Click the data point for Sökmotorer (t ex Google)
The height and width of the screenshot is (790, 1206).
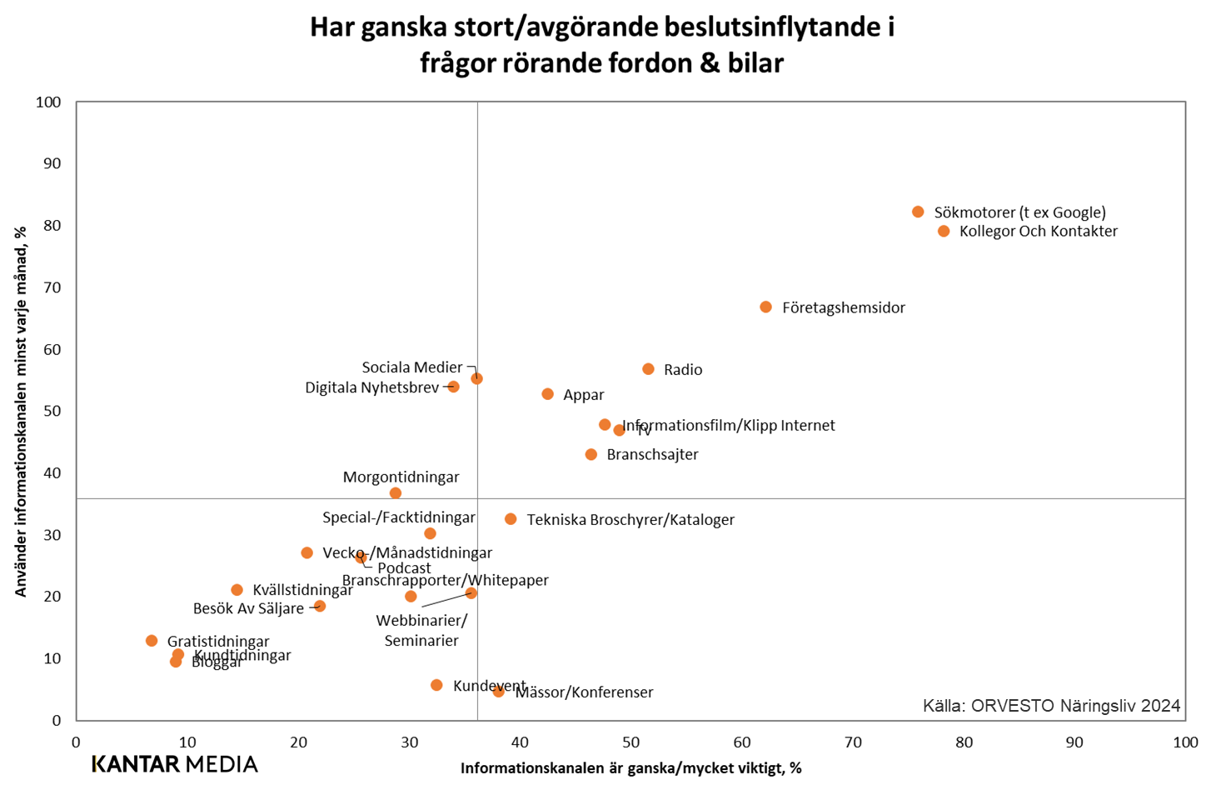pyautogui.click(x=918, y=212)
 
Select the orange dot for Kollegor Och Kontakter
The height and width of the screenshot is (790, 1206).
pyautogui.click(x=944, y=231)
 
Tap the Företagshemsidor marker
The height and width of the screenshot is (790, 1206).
pyautogui.click(x=765, y=307)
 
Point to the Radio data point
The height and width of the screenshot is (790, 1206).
pyautogui.click(x=648, y=368)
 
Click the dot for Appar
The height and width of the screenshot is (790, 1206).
pyautogui.click(x=547, y=393)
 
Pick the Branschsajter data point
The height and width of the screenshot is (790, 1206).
pyautogui.click(x=591, y=454)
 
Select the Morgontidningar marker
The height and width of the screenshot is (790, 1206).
pyautogui.click(x=396, y=492)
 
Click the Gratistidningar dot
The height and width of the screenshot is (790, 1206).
pyautogui.click(x=152, y=640)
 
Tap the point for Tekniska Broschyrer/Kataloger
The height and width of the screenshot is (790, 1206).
pyautogui.click(x=511, y=518)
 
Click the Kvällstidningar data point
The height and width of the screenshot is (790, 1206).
pyautogui.click(x=237, y=589)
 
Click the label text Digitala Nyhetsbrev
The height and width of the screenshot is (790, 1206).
pyautogui.click(x=371, y=387)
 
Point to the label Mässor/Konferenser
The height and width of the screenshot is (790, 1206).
pyautogui.click(x=585, y=692)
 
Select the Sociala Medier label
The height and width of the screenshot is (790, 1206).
pyautogui.click(x=411, y=367)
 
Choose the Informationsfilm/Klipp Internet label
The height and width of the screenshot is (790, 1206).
pyautogui.click(x=730, y=425)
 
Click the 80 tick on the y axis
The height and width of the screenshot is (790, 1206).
pyautogui.click(x=52, y=225)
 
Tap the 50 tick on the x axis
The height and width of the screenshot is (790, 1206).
pyautogui.click(x=630, y=742)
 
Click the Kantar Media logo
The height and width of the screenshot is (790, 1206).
pyautogui.click(x=175, y=763)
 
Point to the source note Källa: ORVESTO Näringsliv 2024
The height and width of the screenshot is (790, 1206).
pyautogui.click(x=1051, y=706)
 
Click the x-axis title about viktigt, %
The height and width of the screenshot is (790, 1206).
pyautogui.click(x=630, y=768)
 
